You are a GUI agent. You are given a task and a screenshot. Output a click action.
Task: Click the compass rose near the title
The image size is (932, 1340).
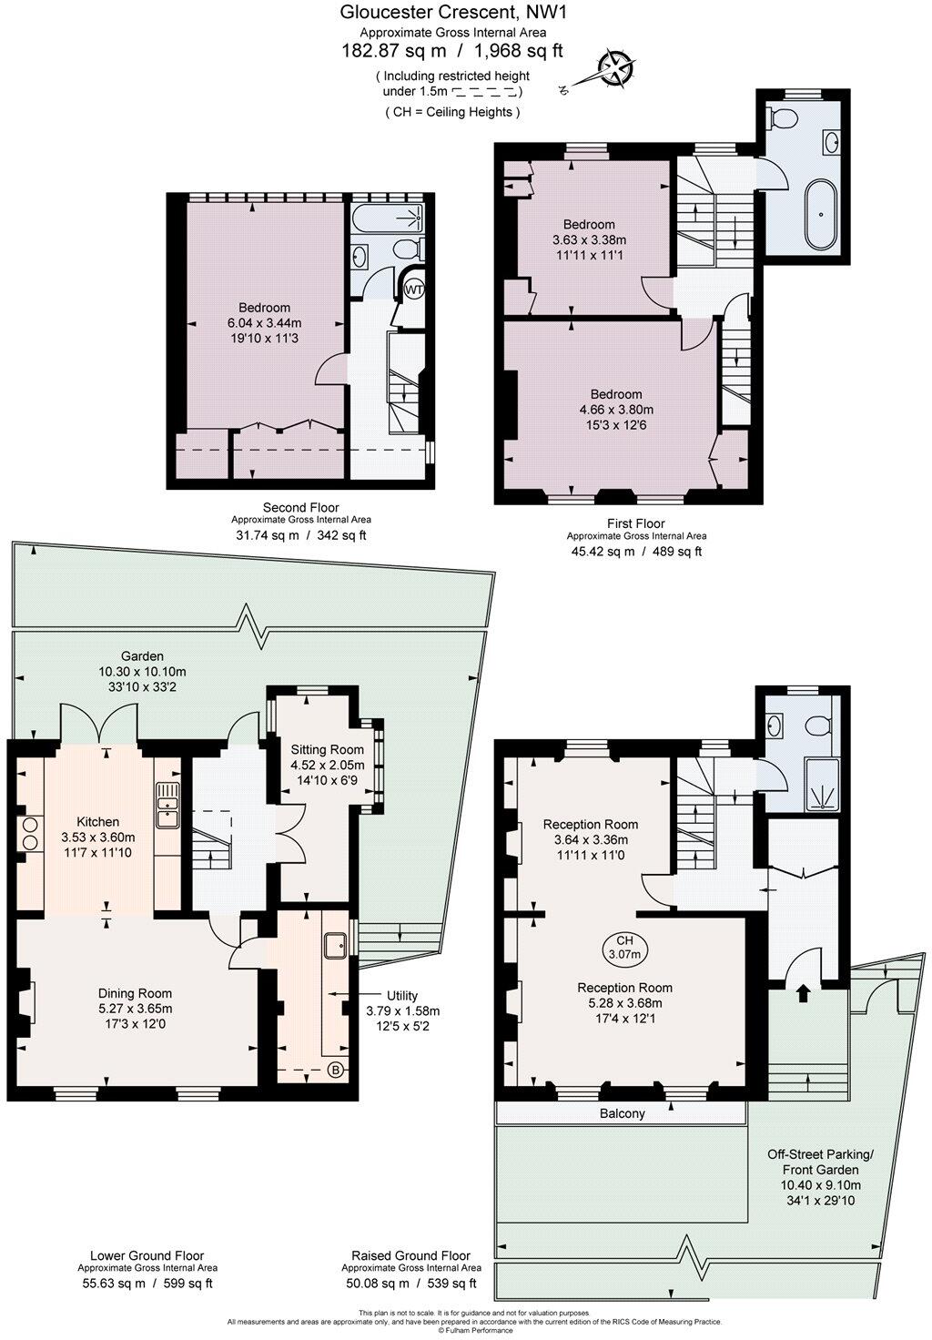click(616, 69)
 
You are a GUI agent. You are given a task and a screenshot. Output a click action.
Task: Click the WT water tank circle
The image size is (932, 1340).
click(414, 289)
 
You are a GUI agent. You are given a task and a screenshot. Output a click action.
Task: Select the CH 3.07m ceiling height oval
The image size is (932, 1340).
click(623, 948)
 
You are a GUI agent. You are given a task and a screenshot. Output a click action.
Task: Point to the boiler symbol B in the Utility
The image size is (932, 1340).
click(336, 1070)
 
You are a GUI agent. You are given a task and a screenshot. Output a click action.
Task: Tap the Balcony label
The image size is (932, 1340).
click(623, 1113)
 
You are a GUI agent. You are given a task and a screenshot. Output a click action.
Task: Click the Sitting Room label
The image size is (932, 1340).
click(327, 749)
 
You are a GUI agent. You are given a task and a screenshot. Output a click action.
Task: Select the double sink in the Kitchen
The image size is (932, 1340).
click(167, 805)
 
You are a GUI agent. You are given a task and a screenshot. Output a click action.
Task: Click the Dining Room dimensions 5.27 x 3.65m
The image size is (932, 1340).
click(135, 1009)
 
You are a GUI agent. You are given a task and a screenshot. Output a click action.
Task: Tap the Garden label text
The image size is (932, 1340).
click(143, 655)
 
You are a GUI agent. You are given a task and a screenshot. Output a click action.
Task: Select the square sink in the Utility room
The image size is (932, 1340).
click(335, 943)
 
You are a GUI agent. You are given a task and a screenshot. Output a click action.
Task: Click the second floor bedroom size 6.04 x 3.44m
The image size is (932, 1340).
click(264, 323)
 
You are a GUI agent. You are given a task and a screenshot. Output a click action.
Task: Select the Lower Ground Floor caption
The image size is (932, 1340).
click(147, 1255)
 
